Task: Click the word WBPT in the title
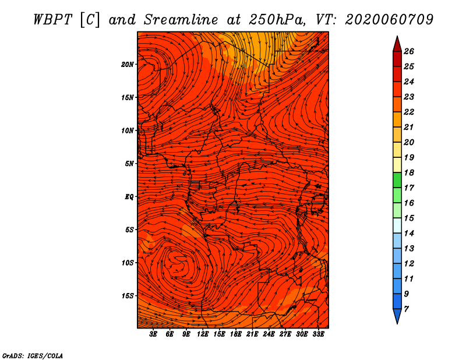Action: (52, 20)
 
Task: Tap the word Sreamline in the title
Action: (181, 20)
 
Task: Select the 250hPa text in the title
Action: (277, 20)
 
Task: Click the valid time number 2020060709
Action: (389, 20)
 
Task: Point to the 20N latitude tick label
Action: (128, 65)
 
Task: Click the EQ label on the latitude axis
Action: (129, 197)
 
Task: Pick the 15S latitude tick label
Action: (128, 296)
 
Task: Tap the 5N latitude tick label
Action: (129, 164)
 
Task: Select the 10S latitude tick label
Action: (128, 263)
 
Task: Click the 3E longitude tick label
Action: (153, 334)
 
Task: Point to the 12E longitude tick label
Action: (203, 334)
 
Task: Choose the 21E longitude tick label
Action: (252, 334)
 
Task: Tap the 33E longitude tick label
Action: (318, 334)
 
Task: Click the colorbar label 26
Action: (409, 51)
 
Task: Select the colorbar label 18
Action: (409, 172)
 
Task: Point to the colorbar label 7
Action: (406, 309)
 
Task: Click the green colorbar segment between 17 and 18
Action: (397, 180)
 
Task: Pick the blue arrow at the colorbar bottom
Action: (397, 316)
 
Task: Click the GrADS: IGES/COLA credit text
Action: (33, 356)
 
